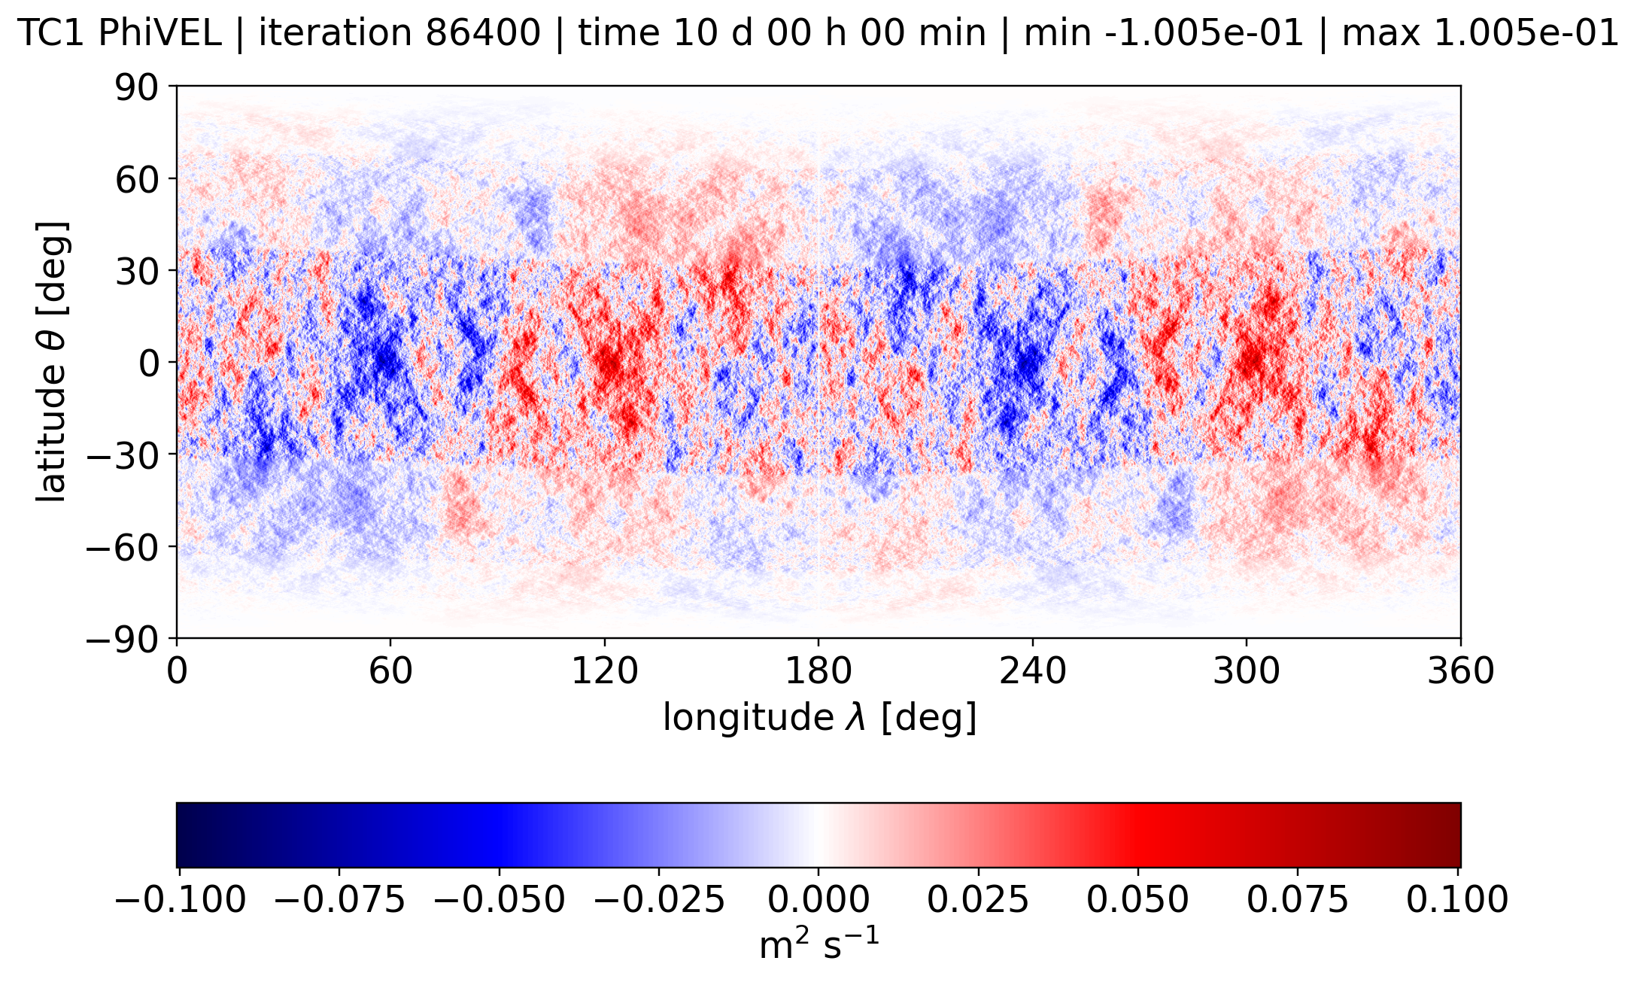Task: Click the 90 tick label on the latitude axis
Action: click(136, 87)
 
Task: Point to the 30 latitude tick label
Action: click(136, 271)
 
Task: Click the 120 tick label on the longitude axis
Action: click(604, 670)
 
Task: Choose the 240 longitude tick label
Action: click(1032, 670)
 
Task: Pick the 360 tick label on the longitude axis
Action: click(1460, 670)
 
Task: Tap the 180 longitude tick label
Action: click(818, 670)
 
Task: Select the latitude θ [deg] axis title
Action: click(52, 362)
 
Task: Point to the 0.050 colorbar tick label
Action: click(1138, 899)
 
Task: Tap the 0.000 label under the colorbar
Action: click(818, 899)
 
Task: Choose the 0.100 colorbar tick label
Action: click(1457, 899)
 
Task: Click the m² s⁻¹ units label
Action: click(818, 945)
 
